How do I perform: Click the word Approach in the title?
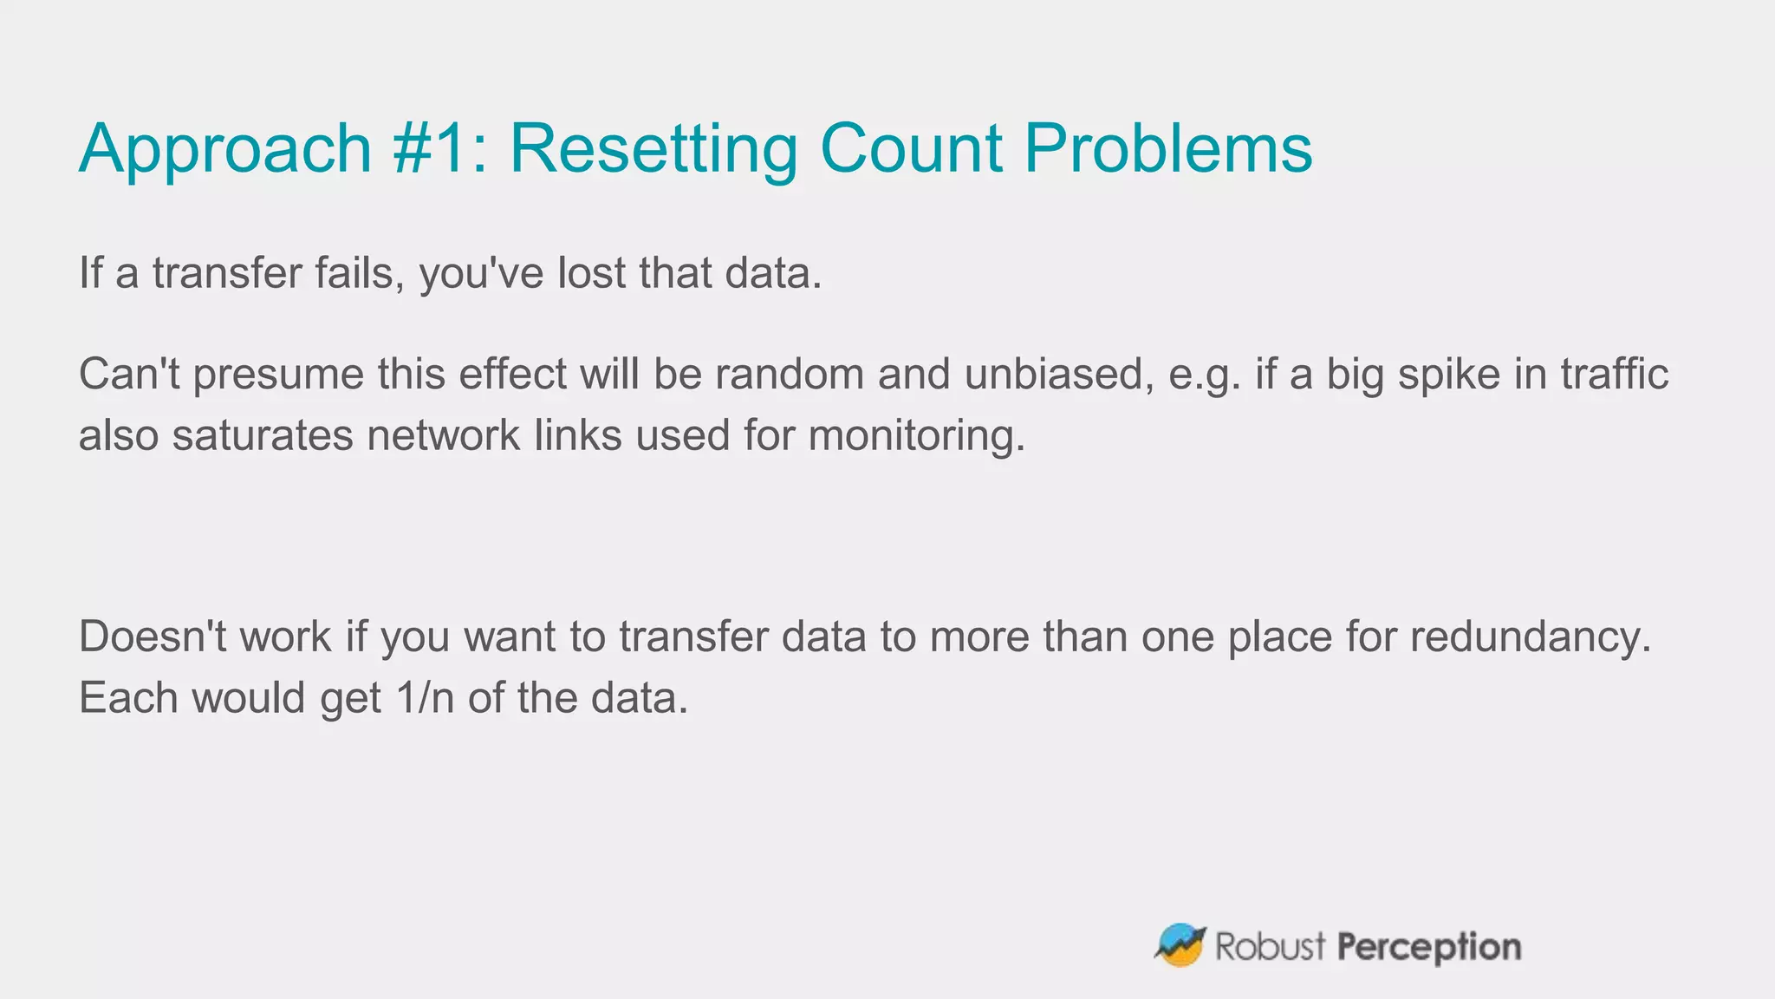225,149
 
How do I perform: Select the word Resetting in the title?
653,149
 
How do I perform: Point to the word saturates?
263,434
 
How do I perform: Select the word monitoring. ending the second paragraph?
917,436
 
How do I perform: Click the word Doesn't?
153,637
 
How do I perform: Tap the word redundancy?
1531,638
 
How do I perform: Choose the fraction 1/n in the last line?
425,698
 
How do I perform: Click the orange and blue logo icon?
1180,945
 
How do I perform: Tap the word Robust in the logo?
1271,946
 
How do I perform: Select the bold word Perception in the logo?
1428,947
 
